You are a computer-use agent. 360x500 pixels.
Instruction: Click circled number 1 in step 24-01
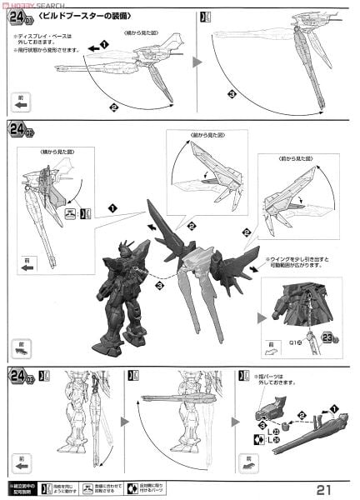click(104, 43)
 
